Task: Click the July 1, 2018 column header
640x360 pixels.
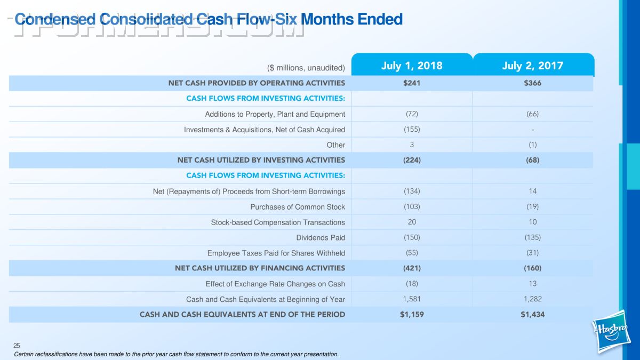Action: coord(412,66)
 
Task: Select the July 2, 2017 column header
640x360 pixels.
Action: coord(532,66)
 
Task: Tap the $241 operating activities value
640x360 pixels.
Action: coord(412,83)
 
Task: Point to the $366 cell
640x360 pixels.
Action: coord(532,83)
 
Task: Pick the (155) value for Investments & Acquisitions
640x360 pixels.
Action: coord(412,130)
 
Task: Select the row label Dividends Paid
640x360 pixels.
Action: coord(321,238)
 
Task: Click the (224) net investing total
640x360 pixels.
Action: coord(412,160)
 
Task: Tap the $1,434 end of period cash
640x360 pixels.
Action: coord(532,315)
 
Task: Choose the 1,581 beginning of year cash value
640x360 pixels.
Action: coord(412,299)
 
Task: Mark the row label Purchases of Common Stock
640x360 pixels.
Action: coord(298,207)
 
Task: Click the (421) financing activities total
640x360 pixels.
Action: coord(412,268)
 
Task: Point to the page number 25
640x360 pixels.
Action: coord(17,346)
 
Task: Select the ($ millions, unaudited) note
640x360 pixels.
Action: coord(306,68)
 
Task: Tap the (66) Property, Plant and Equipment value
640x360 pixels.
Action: coord(532,114)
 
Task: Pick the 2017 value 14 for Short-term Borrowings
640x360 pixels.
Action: coord(532,191)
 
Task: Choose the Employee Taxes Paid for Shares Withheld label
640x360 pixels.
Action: coord(276,253)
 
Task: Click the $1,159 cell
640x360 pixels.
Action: coord(412,315)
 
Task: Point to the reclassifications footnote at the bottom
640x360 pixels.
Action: coord(176,354)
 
